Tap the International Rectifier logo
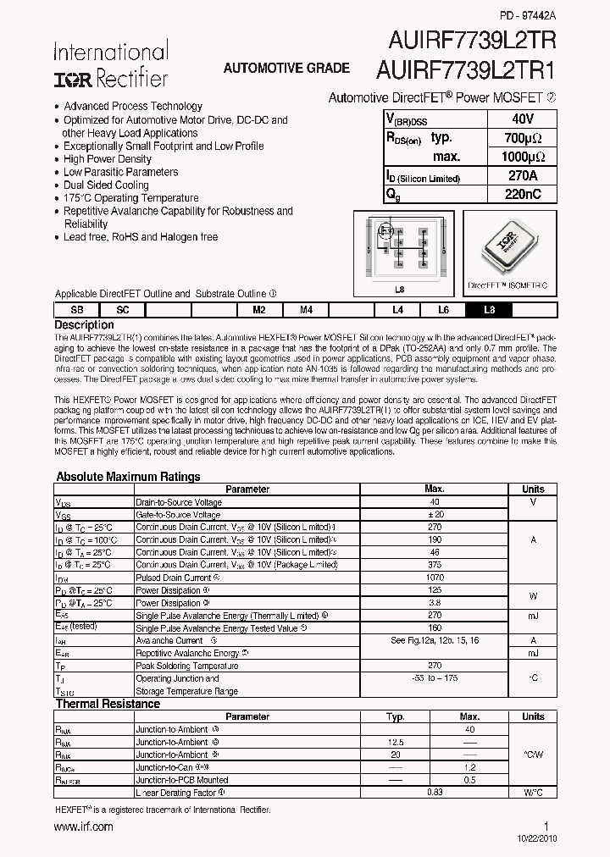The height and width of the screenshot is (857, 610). pyautogui.click(x=111, y=65)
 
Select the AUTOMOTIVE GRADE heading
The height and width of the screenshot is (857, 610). pyautogui.click(x=286, y=68)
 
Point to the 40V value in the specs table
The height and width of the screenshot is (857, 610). pyautogui.click(x=524, y=119)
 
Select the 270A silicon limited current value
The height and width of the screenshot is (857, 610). pyautogui.click(x=524, y=176)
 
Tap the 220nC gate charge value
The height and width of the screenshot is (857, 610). pyautogui.click(x=524, y=194)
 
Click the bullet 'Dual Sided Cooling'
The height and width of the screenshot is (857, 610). pyautogui.click(x=106, y=185)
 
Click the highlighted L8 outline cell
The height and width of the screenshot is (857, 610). pyautogui.click(x=489, y=311)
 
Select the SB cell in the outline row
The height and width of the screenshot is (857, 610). pyautogui.click(x=77, y=311)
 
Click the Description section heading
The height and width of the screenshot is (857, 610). pyautogui.click(x=84, y=325)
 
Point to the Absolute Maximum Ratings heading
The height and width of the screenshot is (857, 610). pyautogui.click(x=128, y=477)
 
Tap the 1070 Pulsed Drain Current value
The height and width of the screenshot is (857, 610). pyautogui.click(x=434, y=578)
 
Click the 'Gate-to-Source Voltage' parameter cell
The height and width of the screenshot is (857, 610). pyautogui.click(x=179, y=515)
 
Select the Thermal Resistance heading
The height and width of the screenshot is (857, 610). pyautogui.click(x=108, y=704)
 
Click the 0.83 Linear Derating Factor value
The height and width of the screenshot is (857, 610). pyautogui.click(x=434, y=793)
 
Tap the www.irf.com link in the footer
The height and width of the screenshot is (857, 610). pyautogui.click(x=84, y=827)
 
